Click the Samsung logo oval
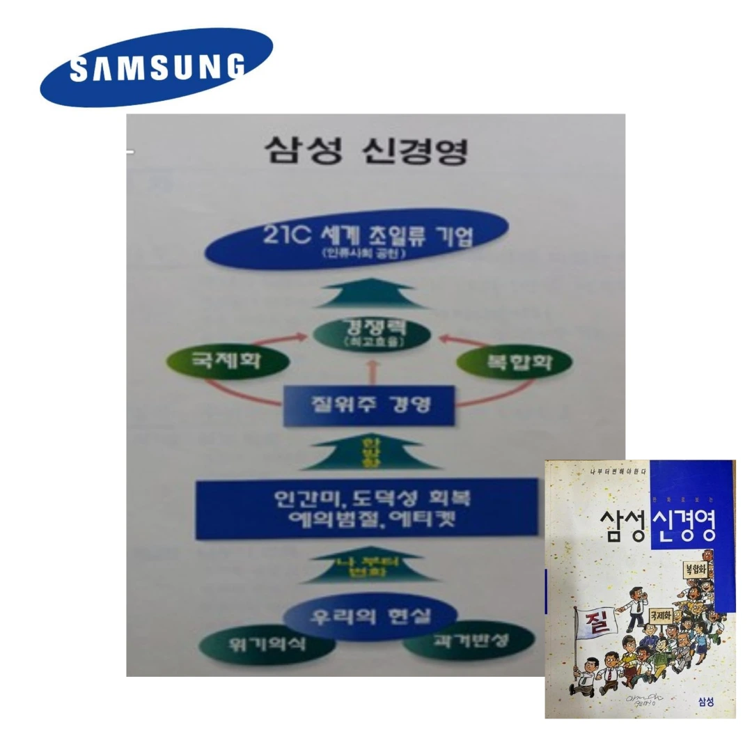pos(156,67)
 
